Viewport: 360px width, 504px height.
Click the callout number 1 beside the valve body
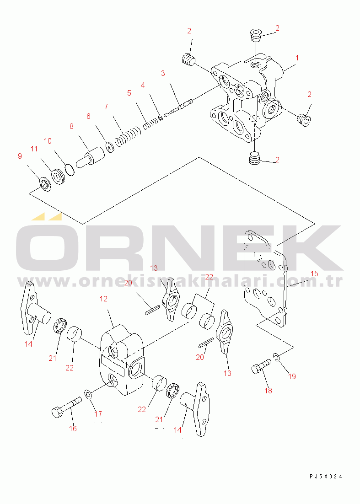[297, 58]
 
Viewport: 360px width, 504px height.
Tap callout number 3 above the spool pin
[163, 73]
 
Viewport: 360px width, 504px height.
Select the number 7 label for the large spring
[106, 107]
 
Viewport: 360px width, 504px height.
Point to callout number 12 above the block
[103, 299]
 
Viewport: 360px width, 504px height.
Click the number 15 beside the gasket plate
[314, 273]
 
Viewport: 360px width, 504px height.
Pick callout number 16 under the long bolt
[73, 429]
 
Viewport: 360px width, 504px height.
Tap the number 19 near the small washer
[292, 376]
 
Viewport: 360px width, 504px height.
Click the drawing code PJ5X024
[326, 477]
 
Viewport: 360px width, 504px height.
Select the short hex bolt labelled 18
[261, 366]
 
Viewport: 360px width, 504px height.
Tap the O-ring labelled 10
[70, 170]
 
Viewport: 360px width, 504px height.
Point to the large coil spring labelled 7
[128, 136]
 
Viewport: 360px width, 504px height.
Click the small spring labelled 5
[150, 123]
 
